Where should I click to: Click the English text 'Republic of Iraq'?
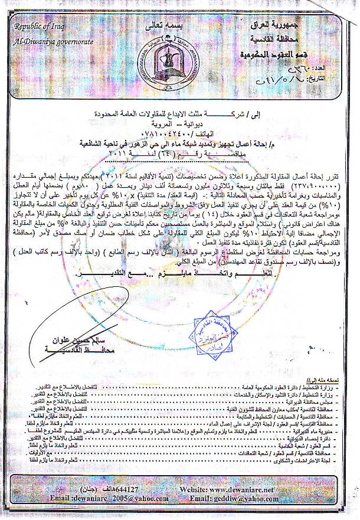(38, 27)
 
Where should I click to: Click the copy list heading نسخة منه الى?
(330, 383)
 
